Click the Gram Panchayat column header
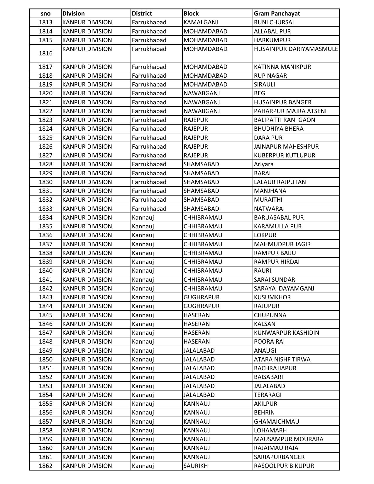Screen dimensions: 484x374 point(277,13)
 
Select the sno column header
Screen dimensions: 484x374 point(45,13)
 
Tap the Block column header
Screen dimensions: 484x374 point(191,13)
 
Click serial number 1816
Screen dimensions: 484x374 point(45,53)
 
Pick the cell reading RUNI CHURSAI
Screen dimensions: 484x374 point(274,22)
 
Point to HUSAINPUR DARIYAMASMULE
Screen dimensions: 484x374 point(296,49)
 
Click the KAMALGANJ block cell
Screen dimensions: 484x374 point(201,22)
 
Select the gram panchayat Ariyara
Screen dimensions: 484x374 point(263,164)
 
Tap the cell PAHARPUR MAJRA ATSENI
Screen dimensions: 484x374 point(290,111)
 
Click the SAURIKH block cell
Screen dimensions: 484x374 point(195,466)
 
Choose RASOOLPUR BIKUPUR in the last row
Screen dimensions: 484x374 point(284,466)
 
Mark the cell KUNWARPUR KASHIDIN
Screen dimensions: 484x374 point(286,333)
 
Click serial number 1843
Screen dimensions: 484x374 point(45,297)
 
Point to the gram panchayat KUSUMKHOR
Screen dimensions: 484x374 point(272,297)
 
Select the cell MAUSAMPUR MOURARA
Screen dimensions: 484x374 point(288,439)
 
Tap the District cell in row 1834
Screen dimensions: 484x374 point(143,218)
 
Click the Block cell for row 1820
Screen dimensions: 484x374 point(202,93)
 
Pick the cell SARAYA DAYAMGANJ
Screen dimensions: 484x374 point(284,288)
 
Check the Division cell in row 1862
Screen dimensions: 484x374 point(87,466)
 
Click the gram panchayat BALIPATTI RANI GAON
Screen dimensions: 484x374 point(284,120)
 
